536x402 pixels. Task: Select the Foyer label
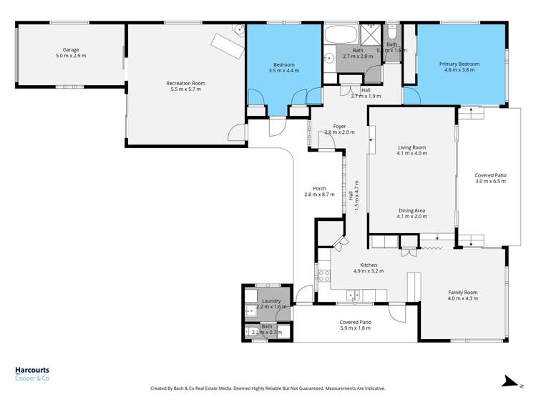tap(339, 127)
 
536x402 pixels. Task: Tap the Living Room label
tap(412, 147)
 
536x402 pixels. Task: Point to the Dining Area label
tap(412, 211)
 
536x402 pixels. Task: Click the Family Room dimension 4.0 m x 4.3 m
tap(462, 298)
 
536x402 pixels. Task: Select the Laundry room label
tap(271, 301)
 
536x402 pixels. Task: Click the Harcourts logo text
tap(32, 371)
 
